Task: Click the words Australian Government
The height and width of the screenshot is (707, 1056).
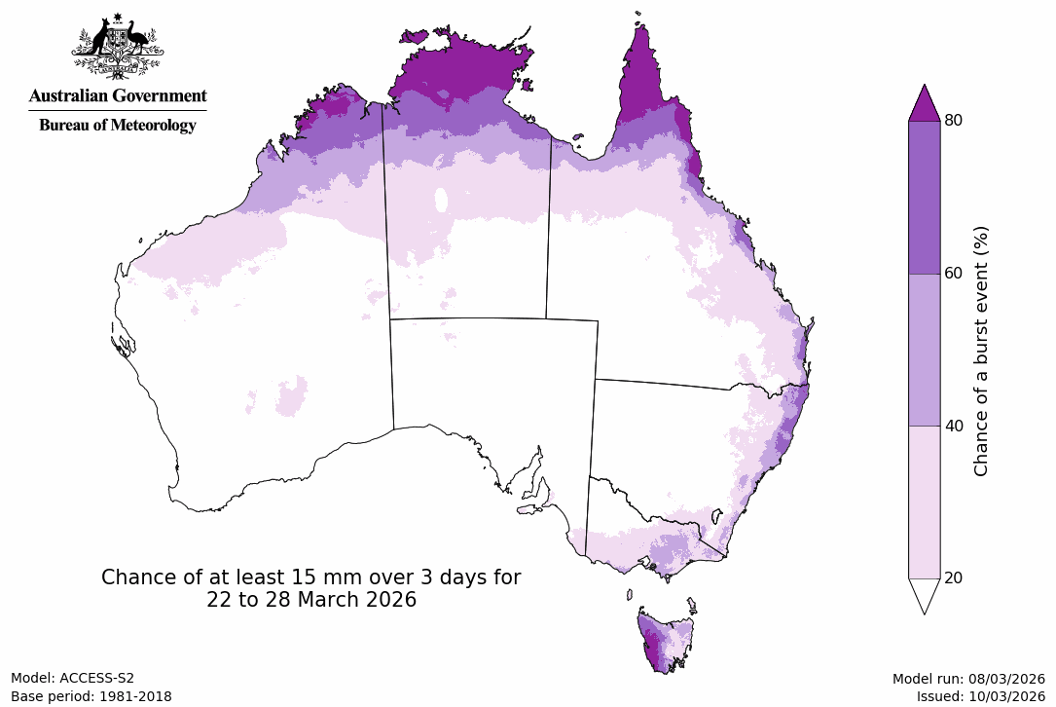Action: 118,96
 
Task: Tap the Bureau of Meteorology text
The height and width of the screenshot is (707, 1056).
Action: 118,125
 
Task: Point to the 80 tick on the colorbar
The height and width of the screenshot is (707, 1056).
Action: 954,120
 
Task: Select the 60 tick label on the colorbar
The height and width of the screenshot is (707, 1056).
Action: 954,273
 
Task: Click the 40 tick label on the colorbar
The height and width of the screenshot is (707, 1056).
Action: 954,426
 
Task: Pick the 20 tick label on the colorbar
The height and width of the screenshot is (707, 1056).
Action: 954,577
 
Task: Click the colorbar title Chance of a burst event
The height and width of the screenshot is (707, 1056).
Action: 981,351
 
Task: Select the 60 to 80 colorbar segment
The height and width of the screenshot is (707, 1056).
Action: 924,197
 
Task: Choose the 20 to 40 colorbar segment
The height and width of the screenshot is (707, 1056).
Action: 924,502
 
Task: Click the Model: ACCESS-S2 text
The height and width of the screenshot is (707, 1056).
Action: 73,678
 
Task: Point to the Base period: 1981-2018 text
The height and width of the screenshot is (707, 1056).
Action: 91,696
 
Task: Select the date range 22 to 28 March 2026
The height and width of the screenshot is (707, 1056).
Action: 311,601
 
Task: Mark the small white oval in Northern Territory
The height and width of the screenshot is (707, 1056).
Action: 441,201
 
